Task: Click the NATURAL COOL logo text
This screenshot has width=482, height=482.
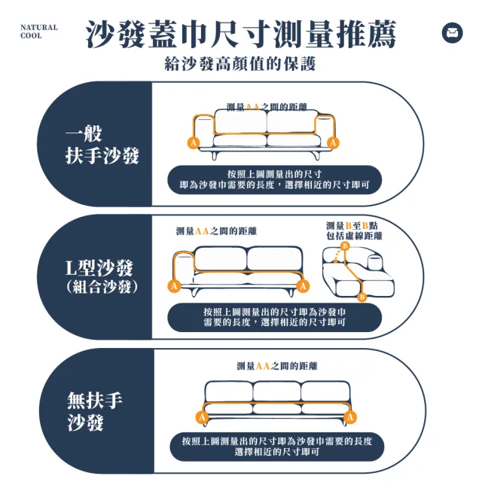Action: [38, 32]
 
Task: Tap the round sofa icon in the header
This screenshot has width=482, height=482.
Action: [452, 32]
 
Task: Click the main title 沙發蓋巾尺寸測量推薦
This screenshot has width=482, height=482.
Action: [241, 34]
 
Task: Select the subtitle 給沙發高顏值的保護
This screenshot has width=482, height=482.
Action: [240, 63]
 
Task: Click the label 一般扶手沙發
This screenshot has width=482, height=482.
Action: [102, 144]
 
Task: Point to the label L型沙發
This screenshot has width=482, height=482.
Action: [99, 268]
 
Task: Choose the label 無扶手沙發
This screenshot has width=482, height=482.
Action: [95, 411]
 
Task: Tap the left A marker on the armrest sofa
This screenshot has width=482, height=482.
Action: [194, 142]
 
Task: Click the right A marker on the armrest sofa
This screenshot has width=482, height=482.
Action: [333, 142]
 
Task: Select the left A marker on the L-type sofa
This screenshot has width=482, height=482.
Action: [174, 286]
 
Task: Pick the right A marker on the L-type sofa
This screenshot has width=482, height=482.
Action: [303, 286]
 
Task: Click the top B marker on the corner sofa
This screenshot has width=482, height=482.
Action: [345, 246]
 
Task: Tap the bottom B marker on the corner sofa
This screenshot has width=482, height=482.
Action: [362, 297]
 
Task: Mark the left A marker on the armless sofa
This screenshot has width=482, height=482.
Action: [202, 417]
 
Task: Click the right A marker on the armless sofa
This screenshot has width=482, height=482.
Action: [350, 417]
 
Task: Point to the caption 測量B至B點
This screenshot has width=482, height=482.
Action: [352, 226]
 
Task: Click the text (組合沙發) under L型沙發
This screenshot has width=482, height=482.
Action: [102, 287]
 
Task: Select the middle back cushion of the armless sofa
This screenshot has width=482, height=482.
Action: [276, 392]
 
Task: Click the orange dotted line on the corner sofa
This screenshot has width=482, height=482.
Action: [338, 256]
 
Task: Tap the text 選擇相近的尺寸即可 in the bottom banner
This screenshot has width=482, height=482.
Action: [277, 452]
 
